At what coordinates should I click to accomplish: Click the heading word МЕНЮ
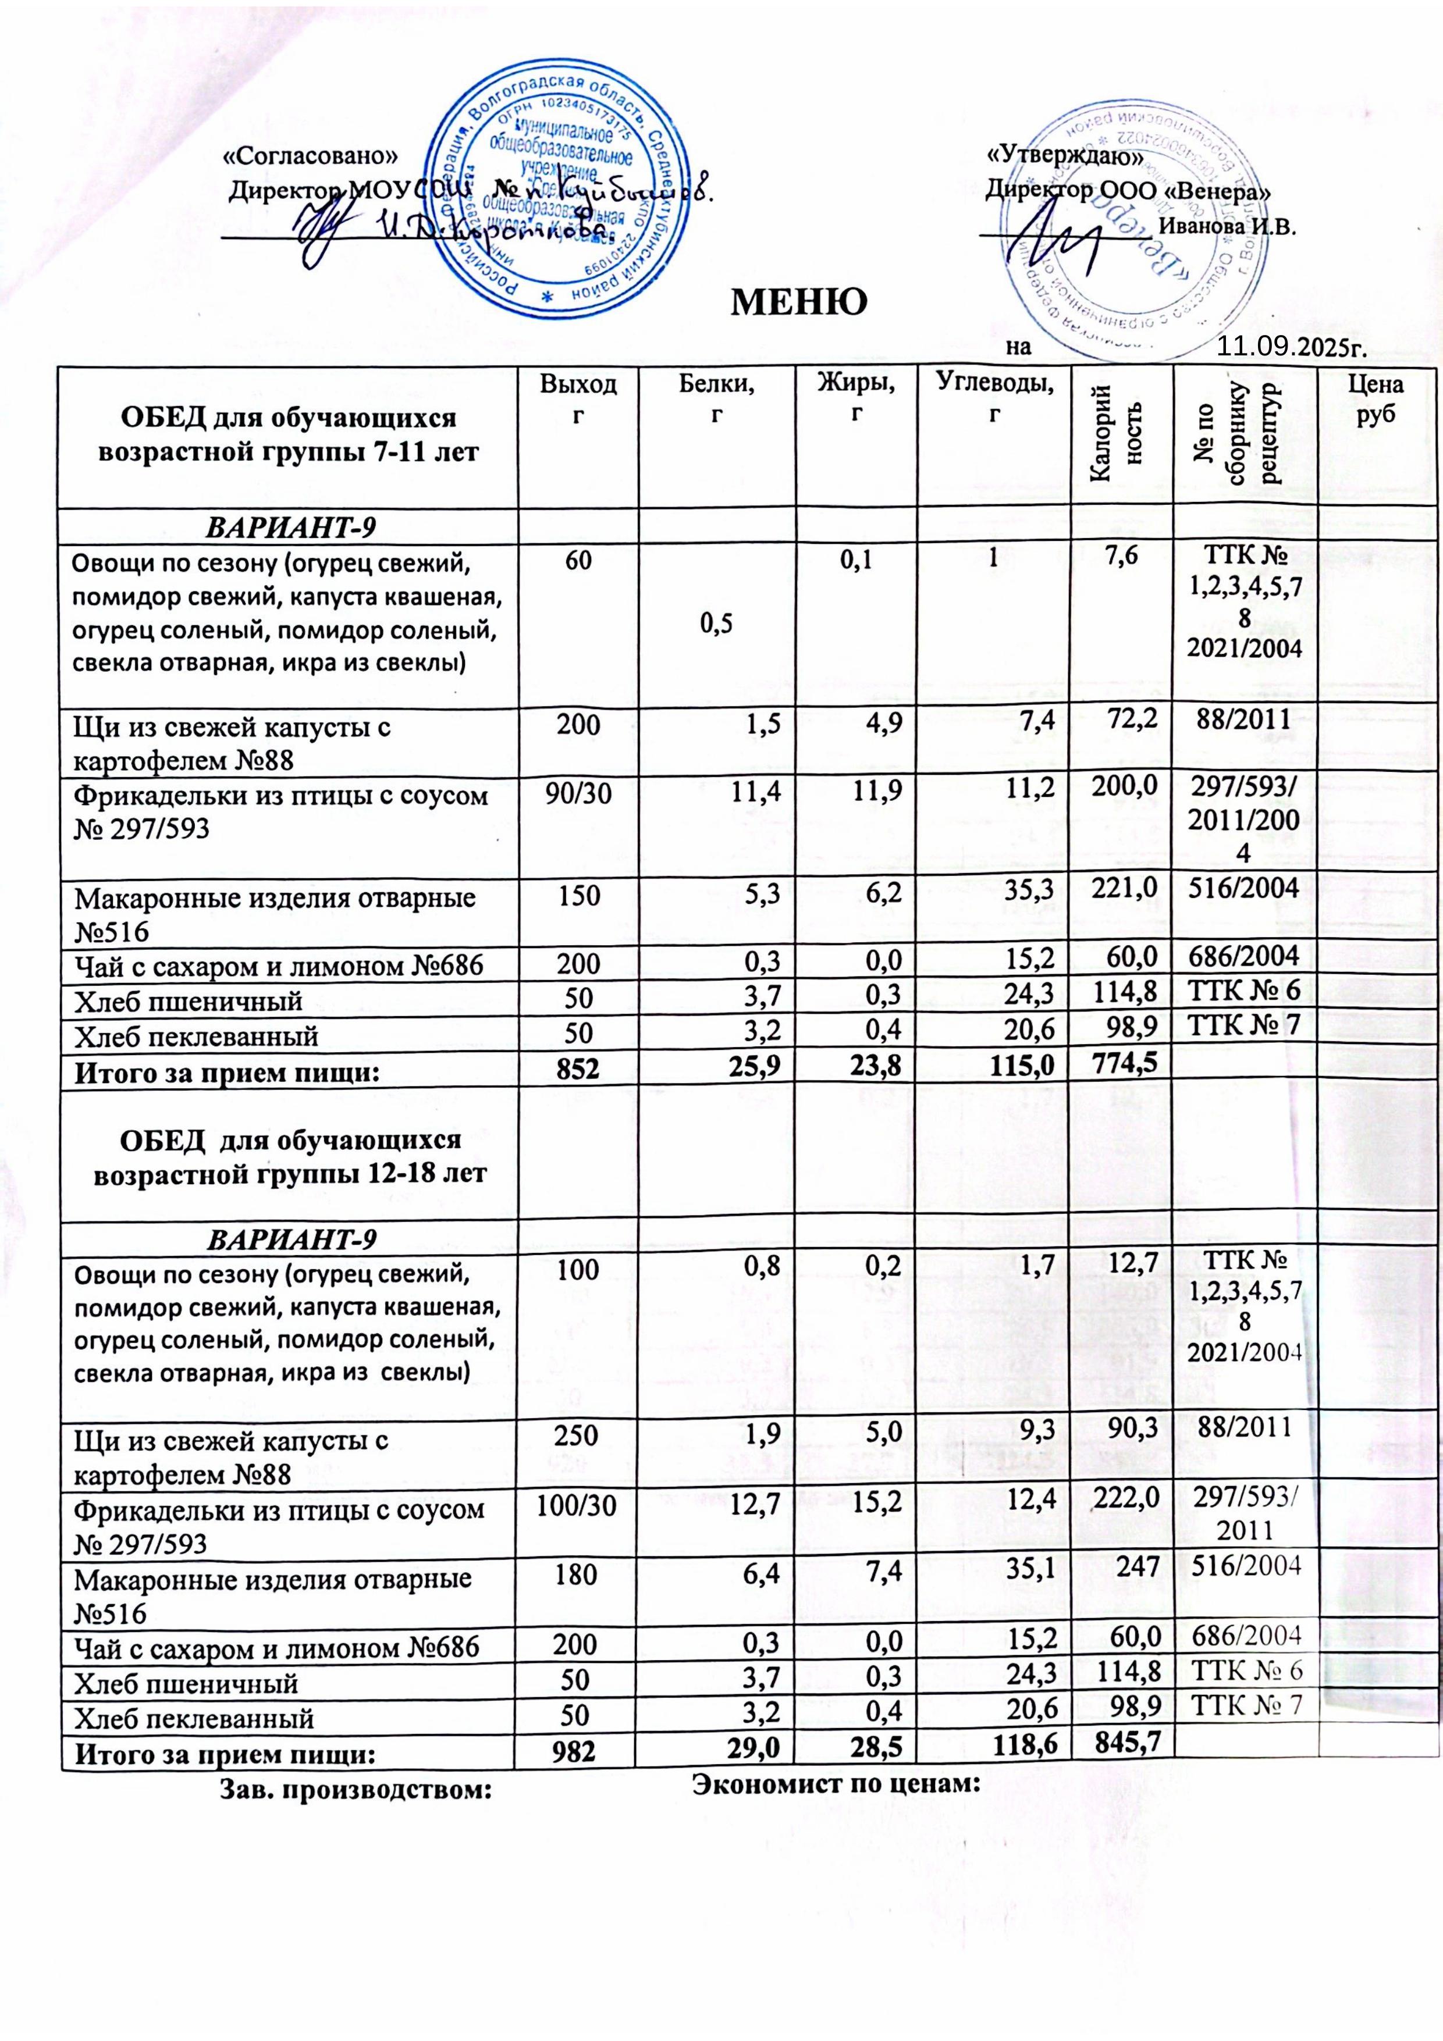[798, 303]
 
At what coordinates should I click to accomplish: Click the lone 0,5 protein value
[716, 626]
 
